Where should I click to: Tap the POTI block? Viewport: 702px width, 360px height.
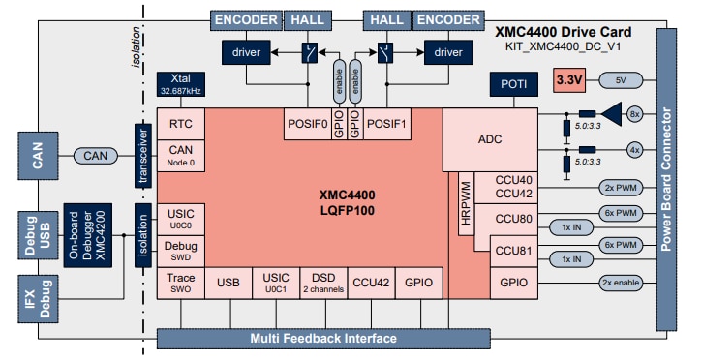click(513, 84)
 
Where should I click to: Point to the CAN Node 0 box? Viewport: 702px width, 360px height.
click(181, 155)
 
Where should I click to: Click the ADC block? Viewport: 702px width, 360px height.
click(490, 140)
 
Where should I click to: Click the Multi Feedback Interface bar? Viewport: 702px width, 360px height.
click(322, 338)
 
